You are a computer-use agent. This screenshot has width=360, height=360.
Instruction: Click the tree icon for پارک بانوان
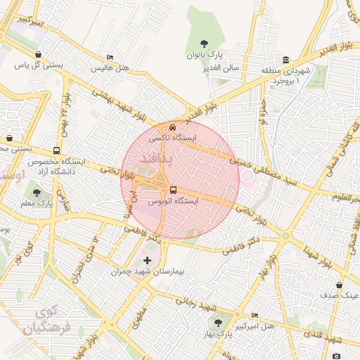205,44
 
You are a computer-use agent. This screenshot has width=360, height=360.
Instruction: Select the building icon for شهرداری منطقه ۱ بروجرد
285,60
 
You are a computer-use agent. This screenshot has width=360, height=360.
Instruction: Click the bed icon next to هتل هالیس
109,58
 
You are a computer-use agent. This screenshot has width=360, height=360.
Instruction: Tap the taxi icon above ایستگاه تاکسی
172,128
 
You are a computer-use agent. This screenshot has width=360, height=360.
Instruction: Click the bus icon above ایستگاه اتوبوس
173,190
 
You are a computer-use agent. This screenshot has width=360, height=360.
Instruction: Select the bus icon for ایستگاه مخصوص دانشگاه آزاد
56,150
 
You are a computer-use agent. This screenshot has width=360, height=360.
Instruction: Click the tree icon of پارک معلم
37,193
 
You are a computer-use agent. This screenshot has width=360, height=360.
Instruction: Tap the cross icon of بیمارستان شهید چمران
146,260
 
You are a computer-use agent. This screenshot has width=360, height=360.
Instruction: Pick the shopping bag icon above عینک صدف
340,285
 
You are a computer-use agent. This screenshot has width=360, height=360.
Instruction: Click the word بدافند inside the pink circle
155,160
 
